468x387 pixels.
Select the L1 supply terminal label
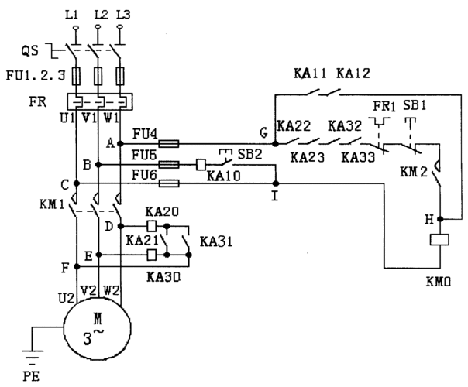point(75,15)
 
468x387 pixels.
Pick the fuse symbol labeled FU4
point(170,143)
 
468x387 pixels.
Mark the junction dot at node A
point(119,143)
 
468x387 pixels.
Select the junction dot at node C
point(76,184)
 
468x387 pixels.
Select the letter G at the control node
point(265,135)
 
